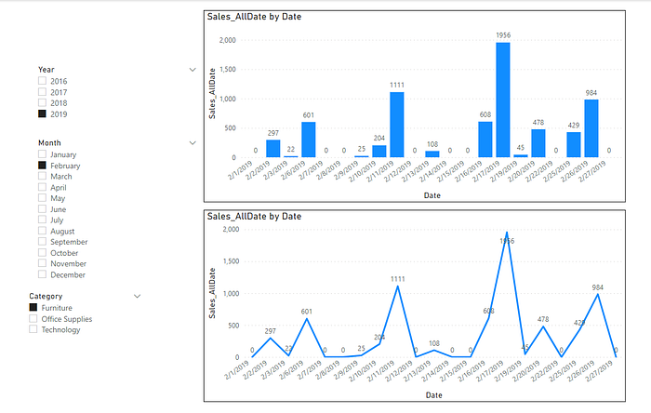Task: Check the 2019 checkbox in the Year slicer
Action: click(42, 114)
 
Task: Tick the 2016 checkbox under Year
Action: click(42, 81)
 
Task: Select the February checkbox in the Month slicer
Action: click(42, 165)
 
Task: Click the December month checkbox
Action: click(42, 274)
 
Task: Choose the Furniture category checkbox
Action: click(34, 307)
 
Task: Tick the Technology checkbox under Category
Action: click(34, 329)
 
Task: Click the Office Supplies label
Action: click(67, 318)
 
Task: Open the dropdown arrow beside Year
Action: click(193, 70)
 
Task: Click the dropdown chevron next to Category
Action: click(138, 296)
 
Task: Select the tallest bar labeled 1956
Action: click(503, 100)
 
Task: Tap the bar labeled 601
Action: click(308, 139)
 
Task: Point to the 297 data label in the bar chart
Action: click(273, 133)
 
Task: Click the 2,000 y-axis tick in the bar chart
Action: click(226, 40)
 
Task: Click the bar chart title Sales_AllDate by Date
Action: click(253, 17)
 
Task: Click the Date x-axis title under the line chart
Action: click(432, 395)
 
